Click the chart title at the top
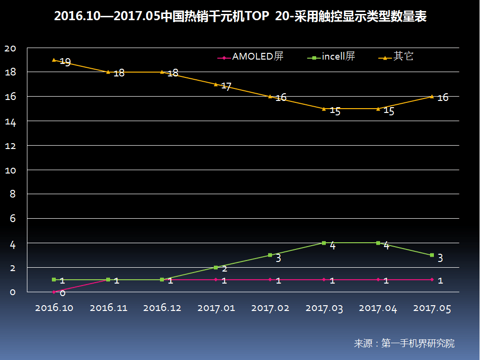[240, 17]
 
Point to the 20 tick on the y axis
[10, 48]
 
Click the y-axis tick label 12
[10, 146]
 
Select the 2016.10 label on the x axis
[54, 308]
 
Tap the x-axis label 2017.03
[324, 308]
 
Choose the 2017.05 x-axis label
[432, 308]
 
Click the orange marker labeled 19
[54, 60]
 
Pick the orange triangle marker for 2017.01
[216, 85]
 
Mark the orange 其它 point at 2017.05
[432, 97]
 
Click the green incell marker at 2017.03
[324, 243]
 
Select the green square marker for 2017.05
[432, 255]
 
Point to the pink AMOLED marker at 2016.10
[54, 292]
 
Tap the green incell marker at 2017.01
[216, 267]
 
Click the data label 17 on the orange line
[226, 87]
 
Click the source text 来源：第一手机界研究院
[404, 344]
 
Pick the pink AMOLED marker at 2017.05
[432, 279]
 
